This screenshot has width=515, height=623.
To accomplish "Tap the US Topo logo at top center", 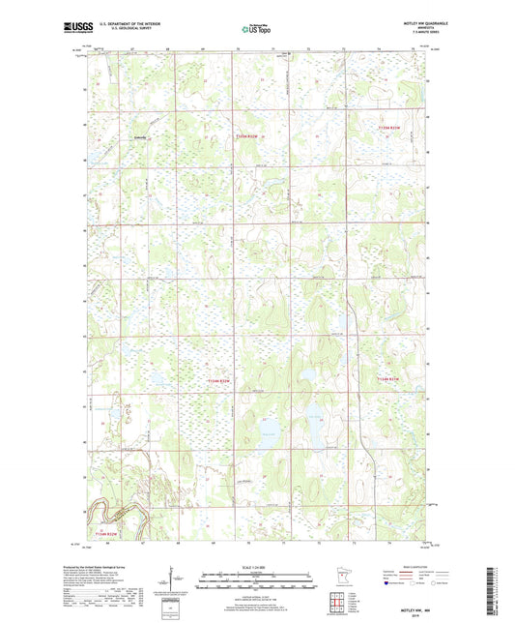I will [254, 29].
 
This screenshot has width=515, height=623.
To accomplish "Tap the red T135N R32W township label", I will [248, 137].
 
